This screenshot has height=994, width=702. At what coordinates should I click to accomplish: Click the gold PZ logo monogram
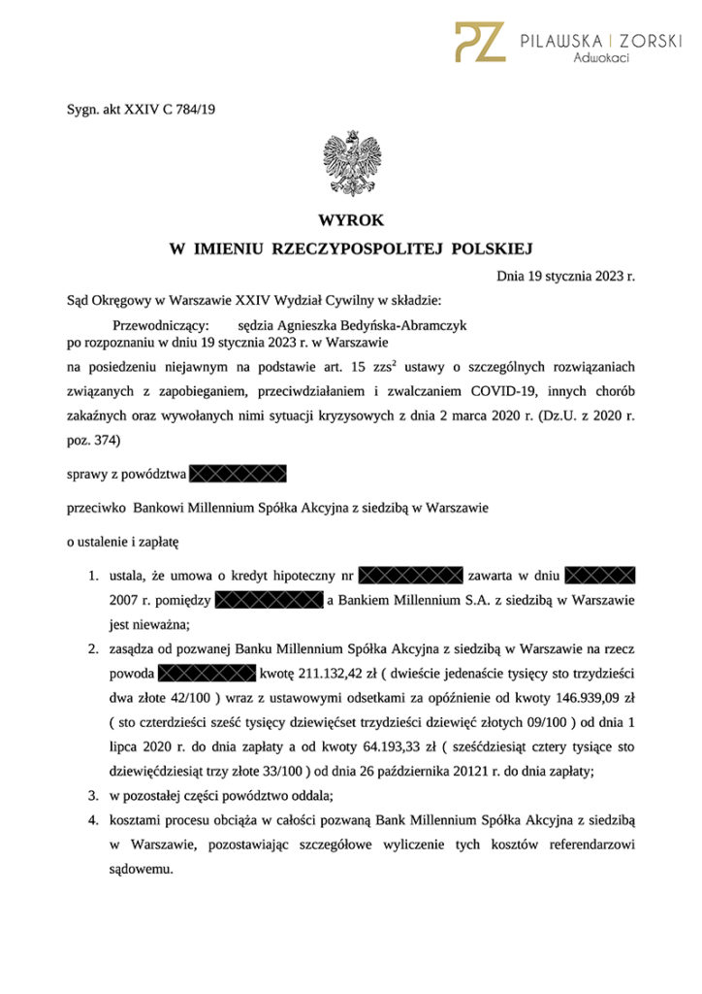click(x=480, y=42)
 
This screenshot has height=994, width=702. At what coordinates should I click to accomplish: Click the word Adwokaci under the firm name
click(x=601, y=59)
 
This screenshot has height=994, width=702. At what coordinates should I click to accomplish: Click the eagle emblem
click(x=351, y=163)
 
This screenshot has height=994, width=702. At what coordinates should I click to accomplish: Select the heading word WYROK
click(x=351, y=221)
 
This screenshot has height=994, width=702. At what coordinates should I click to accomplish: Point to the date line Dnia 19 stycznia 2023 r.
click(x=565, y=276)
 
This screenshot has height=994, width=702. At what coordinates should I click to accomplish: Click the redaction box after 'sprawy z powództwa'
click(x=239, y=474)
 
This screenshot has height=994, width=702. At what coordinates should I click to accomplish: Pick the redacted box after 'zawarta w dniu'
click(x=599, y=577)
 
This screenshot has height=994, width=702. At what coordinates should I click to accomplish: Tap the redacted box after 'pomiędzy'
click(x=268, y=601)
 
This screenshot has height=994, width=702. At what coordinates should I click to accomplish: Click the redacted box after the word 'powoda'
click(x=205, y=672)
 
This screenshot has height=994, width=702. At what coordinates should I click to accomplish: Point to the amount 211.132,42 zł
click(x=335, y=672)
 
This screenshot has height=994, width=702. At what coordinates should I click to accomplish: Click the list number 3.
click(x=93, y=796)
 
